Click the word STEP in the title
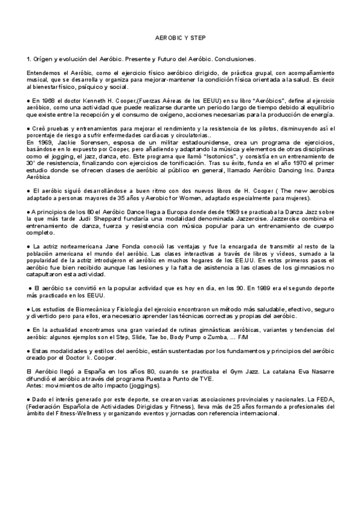coord(198,37)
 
